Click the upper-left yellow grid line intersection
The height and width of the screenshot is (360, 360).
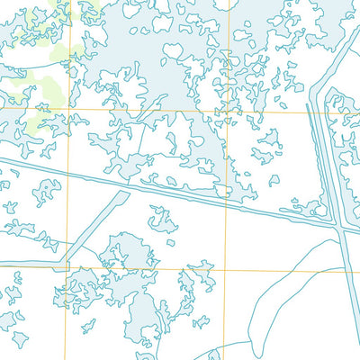click(67, 111)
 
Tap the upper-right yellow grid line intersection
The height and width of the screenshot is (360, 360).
click(228, 112)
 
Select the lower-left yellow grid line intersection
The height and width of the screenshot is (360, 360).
click(67, 268)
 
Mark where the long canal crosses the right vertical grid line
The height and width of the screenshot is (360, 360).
click(228, 203)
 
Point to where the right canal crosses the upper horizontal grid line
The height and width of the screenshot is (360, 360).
click(311, 112)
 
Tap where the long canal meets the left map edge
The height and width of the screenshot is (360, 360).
click(2, 161)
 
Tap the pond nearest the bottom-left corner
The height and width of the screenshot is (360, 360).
click(18, 339)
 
